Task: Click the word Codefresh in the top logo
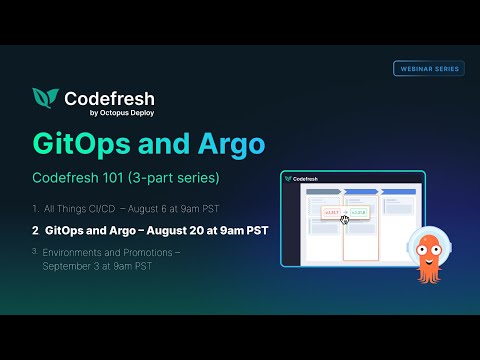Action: (x=109, y=98)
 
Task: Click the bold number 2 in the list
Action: (x=35, y=230)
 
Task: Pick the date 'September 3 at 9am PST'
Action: (x=100, y=267)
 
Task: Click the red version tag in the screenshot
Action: (x=332, y=213)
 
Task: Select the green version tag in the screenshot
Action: (x=357, y=213)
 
